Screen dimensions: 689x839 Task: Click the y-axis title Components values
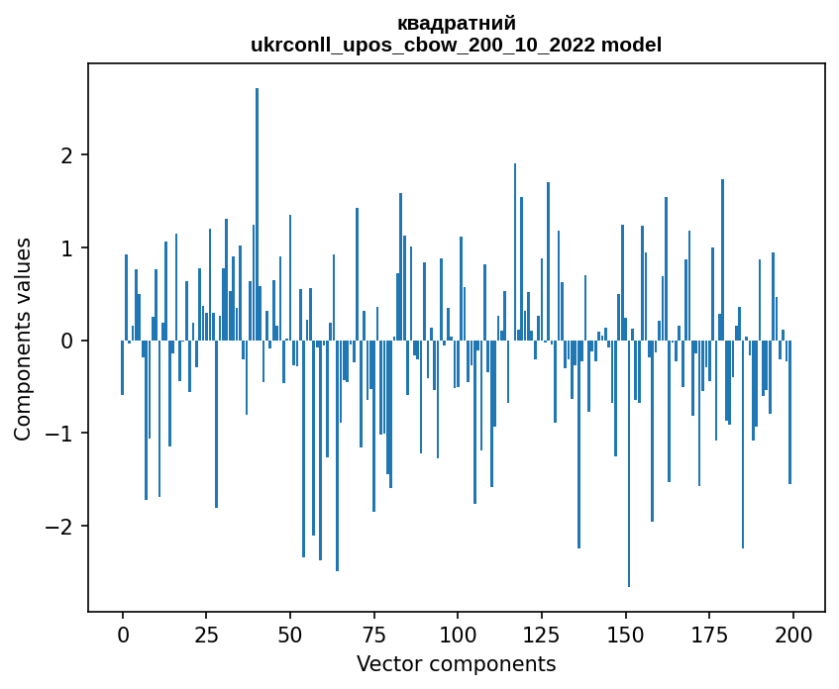(23, 340)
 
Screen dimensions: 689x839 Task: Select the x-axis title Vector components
(457, 663)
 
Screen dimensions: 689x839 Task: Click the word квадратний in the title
(457, 24)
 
